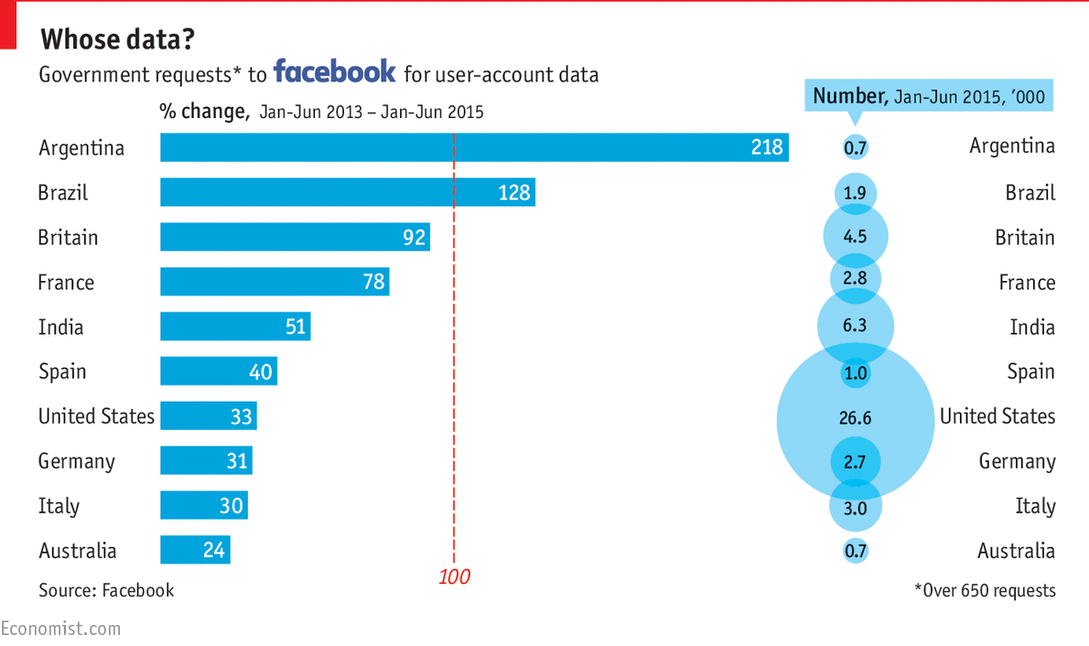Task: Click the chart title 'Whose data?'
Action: click(x=117, y=39)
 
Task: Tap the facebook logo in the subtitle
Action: click(x=335, y=71)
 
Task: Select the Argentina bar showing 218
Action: click(x=473, y=147)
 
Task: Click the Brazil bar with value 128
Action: click(x=347, y=192)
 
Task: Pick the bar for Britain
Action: click(x=295, y=237)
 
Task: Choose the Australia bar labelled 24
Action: click(x=195, y=550)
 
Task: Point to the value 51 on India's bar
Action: click(x=295, y=327)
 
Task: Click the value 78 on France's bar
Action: click(x=373, y=282)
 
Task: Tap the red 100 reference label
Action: click(x=454, y=577)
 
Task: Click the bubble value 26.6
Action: click(x=855, y=418)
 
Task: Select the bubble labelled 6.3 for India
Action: click(x=855, y=326)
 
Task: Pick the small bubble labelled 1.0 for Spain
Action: click(x=855, y=373)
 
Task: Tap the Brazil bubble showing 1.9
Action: click(x=855, y=194)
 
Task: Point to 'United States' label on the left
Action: click(x=96, y=416)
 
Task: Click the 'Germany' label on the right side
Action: click(x=1017, y=461)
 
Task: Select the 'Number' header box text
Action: click(x=929, y=96)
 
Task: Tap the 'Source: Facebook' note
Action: click(x=106, y=590)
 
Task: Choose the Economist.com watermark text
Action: click(x=60, y=629)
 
